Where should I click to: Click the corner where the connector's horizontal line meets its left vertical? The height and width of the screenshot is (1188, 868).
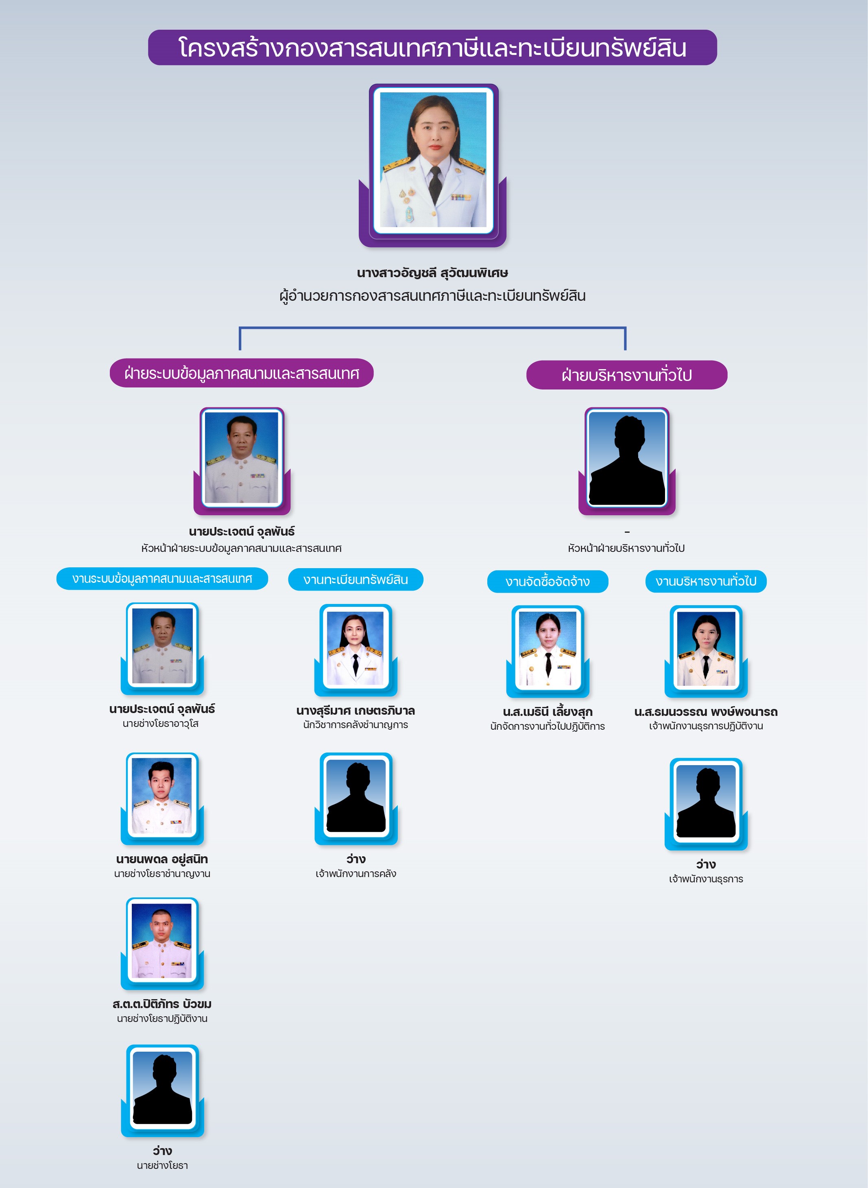click(240, 328)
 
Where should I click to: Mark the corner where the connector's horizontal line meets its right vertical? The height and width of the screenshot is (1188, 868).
click(625, 328)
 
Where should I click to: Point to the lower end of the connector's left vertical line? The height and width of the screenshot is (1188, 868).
click(240, 350)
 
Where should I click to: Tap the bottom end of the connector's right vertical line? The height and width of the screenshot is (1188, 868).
click(625, 350)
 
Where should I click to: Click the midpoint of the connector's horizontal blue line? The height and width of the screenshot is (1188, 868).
click(432, 328)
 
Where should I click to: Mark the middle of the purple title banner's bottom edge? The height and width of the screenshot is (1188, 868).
click(432, 65)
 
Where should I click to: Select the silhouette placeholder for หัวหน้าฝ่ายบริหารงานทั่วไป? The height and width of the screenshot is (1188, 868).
click(627, 459)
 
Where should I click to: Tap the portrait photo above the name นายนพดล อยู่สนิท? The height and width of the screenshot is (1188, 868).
click(162, 795)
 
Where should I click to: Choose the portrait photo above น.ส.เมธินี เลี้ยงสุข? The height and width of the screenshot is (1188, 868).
click(547, 649)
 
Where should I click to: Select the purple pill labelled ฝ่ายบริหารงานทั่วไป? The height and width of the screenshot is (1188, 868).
click(627, 375)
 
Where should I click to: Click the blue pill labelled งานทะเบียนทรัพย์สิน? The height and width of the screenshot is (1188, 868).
click(356, 579)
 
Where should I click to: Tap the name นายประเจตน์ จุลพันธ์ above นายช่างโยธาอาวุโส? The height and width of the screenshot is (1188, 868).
click(162, 709)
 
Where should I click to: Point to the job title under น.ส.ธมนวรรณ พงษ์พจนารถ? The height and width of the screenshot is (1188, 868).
click(706, 726)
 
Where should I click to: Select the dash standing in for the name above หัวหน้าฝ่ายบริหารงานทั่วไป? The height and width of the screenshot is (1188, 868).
click(627, 532)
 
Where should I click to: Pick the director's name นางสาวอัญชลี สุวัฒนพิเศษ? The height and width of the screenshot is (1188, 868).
click(432, 273)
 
